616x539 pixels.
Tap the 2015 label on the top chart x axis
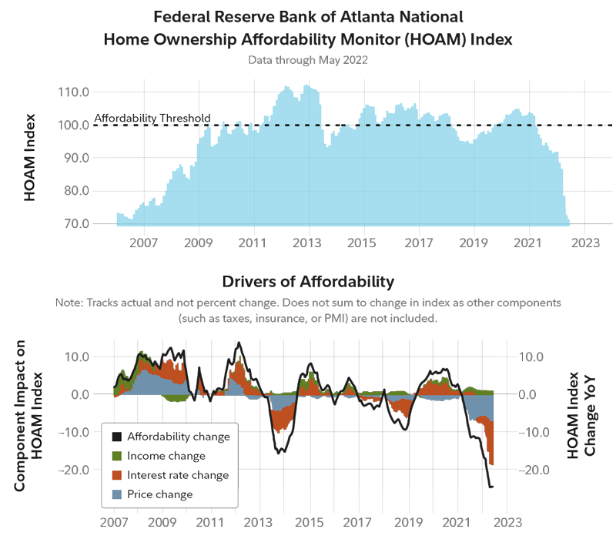(363, 243)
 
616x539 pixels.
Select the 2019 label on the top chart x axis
(474, 243)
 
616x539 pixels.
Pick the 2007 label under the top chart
(144, 243)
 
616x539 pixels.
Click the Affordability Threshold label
(152, 119)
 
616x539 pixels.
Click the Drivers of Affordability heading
(308, 282)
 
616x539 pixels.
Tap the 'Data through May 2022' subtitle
(308, 59)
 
